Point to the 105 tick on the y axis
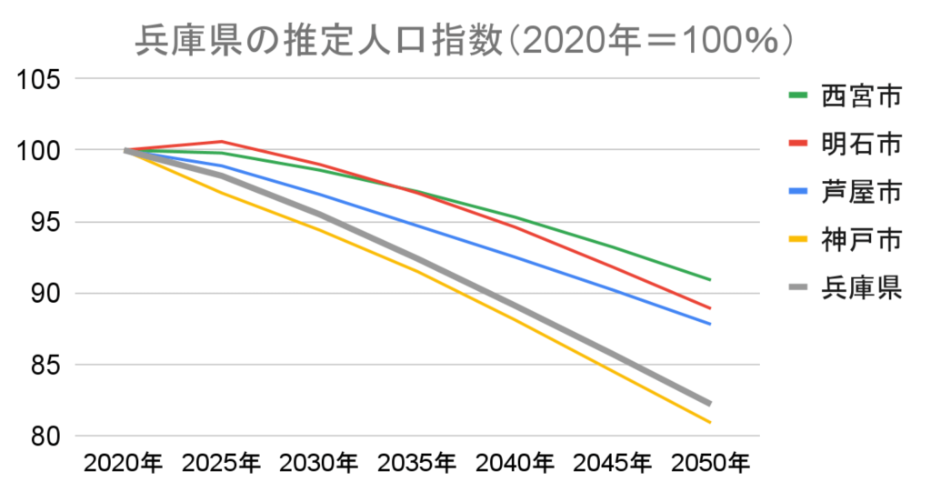[38, 79]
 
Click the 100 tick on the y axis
[38, 150]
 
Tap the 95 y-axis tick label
[44, 222]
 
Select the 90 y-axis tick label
[44, 294]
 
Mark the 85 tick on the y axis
[44, 366]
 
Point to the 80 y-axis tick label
[44, 437]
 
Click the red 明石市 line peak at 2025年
[222, 141]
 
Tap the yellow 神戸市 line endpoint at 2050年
[709, 422]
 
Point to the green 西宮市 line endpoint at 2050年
[709, 279]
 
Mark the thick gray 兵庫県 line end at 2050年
[709, 403]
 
